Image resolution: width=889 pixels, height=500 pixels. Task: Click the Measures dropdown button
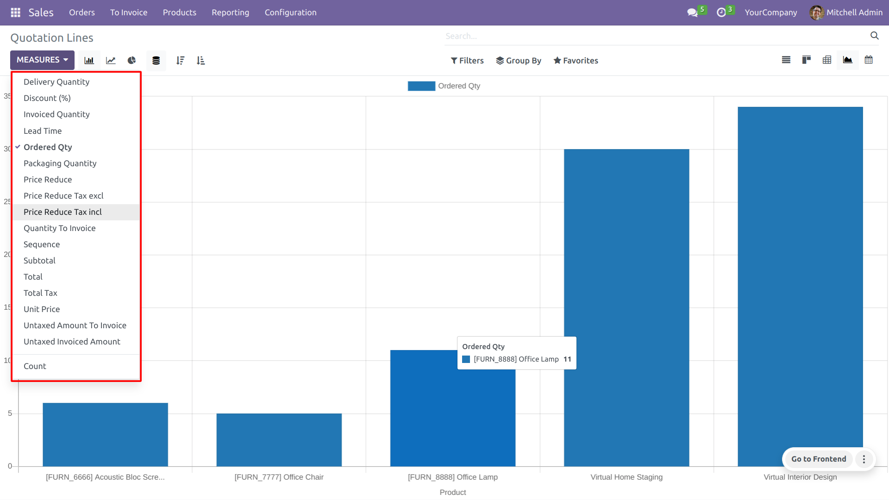pos(42,60)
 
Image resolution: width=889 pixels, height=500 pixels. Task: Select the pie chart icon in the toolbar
pos(131,61)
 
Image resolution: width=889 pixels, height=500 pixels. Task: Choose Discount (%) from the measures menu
pos(47,98)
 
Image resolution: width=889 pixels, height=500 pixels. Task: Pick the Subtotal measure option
pos(39,261)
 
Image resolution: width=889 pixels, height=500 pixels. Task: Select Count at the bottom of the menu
pos(35,366)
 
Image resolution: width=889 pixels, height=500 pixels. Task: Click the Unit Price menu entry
pos(42,309)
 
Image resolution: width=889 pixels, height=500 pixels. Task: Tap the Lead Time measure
pos(43,131)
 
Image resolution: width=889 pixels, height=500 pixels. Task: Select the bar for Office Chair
pos(279,440)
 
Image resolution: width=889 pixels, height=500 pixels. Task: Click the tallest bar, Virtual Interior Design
pos(800,278)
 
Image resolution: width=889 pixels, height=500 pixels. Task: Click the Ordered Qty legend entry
pos(444,86)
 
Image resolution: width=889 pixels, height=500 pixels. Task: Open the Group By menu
pos(519,61)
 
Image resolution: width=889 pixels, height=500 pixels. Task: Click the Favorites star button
pos(576,61)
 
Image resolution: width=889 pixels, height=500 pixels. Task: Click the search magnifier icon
pos(874,36)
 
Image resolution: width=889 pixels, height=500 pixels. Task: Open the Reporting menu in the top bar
pos(230,12)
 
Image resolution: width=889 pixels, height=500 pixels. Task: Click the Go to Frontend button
pos(818,459)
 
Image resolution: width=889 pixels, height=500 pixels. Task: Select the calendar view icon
pos(869,60)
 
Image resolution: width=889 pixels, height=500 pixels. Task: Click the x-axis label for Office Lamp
pos(452,477)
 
